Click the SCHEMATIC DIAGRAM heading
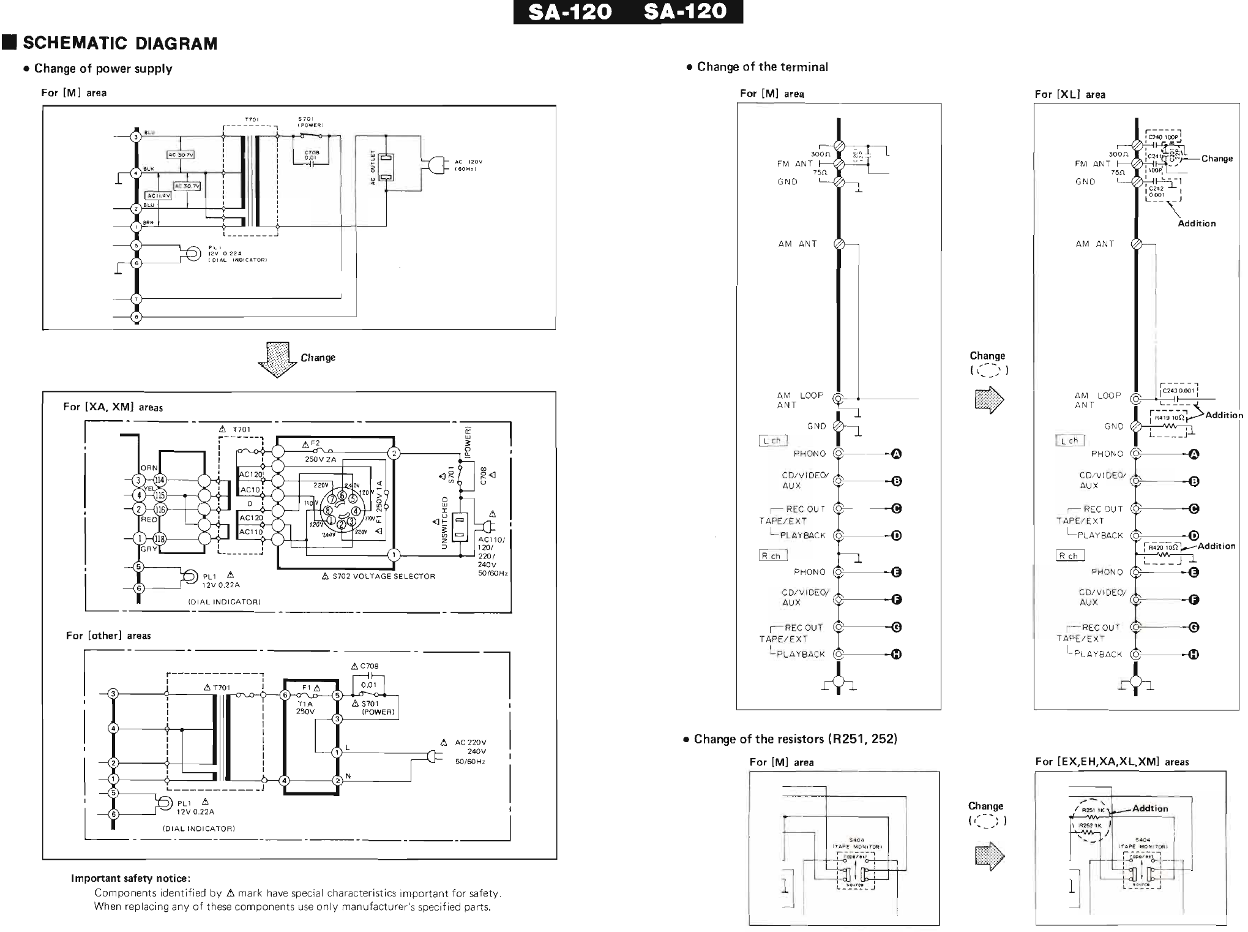click(120, 43)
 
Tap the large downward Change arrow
click(277, 359)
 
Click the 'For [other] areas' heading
click(108, 636)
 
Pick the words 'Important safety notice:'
click(130, 878)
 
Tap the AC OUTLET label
click(372, 168)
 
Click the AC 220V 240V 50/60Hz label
click(470, 751)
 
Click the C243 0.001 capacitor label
click(1178, 390)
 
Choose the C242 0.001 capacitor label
click(1157, 192)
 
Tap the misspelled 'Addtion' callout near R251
click(1150, 808)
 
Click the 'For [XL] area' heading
click(1070, 94)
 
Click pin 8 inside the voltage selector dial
click(329, 509)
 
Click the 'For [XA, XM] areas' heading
click(113, 407)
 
